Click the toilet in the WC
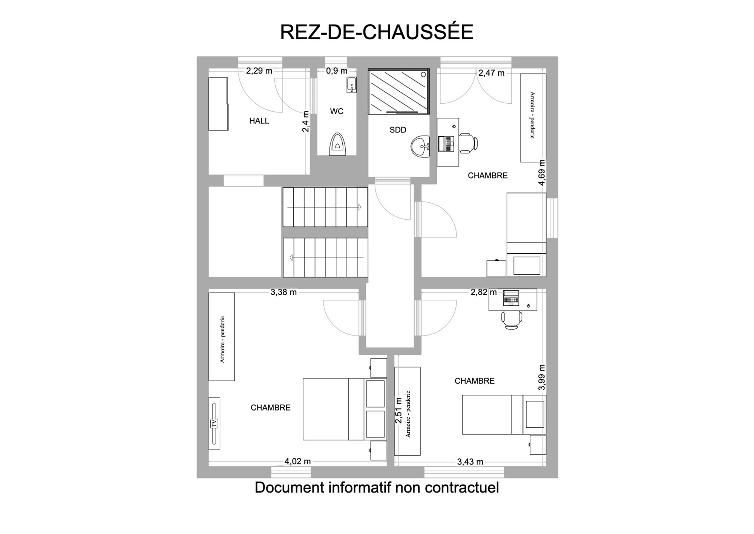[338, 144]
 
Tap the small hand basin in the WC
[351, 85]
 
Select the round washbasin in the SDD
[420, 146]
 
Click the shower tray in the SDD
[398, 91]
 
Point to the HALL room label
[259, 121]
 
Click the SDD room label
[398, 130]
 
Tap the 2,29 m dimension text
[259, 71]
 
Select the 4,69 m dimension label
[542, 172]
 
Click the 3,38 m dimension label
[284, 292]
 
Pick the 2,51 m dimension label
[398, 410]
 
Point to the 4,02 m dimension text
[297, 461]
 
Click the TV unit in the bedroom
[214, 423]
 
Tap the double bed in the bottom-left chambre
[345, 409]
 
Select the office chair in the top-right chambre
[469, 143]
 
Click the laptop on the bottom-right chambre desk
[511, 298]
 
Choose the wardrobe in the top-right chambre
[533, 118]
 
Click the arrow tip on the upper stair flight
[361, 207]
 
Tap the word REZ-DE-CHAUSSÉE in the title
[377, 32]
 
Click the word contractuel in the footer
[462, 487]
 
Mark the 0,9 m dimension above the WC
[337, 71]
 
